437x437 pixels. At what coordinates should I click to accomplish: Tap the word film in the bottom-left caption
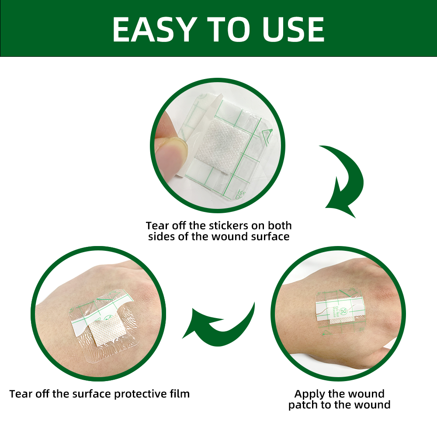180,394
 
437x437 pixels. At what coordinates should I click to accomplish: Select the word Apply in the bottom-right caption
309,394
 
